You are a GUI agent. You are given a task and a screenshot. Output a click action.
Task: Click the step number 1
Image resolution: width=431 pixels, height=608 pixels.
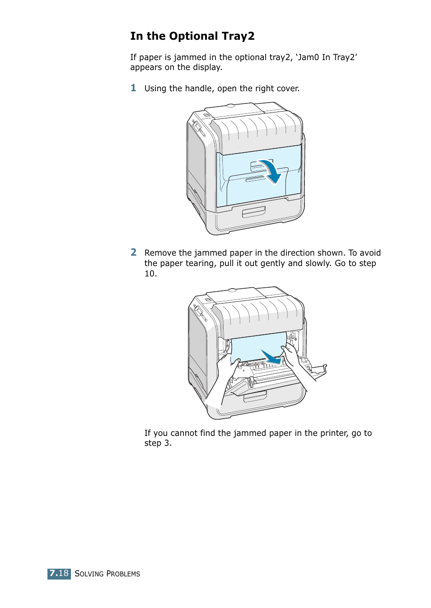tap(133, 88)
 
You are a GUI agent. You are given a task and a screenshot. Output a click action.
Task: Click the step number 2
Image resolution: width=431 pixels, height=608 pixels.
tap(133, 253)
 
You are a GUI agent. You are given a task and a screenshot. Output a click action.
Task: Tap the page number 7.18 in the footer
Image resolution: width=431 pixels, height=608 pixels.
tap(59, 574)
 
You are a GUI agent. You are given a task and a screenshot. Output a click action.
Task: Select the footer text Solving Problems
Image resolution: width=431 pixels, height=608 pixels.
tap(107, 574)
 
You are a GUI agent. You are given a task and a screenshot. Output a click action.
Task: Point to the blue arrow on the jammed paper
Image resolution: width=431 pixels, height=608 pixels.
tap(271, 357)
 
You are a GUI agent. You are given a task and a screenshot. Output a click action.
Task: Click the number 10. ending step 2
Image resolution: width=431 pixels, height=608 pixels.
tap(150, 274)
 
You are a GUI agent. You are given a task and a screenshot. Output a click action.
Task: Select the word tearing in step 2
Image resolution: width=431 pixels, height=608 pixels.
tap(198, 263)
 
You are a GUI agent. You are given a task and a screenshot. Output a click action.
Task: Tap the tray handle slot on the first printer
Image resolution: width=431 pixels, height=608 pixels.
tap(253, 212)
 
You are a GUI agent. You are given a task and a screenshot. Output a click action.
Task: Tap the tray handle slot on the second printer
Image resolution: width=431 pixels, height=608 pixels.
tap(255, 397)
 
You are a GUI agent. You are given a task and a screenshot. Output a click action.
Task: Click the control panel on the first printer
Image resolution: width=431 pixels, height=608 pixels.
tap(199, 128)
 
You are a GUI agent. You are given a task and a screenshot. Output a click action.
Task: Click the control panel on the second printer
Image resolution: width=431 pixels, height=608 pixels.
tap(200, 313)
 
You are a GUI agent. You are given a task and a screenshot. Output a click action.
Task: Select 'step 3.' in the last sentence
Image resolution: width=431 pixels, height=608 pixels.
tap(158, 443)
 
